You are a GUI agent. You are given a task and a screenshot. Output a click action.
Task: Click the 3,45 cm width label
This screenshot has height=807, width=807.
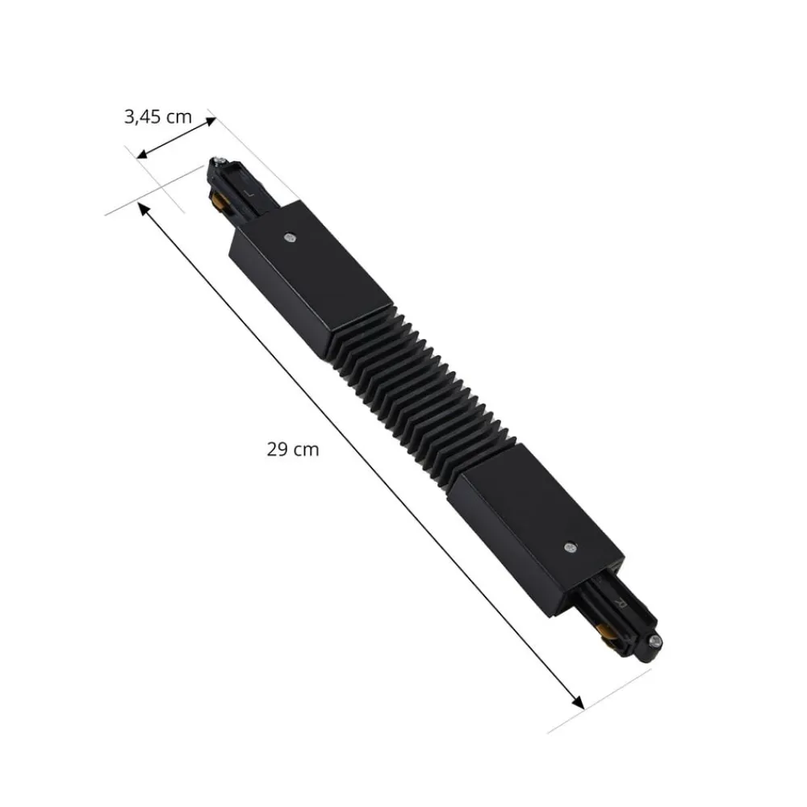[x=158, y=117]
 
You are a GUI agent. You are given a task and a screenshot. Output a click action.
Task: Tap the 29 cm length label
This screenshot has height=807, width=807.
[x=293, y=450]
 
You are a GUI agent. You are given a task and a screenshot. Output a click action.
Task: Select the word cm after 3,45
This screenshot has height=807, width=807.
[x=178, y=117]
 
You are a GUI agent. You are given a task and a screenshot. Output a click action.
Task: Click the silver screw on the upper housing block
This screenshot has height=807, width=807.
[x=290, y=237]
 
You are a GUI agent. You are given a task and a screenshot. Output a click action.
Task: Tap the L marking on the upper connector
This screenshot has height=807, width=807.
[x=252, y=193]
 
